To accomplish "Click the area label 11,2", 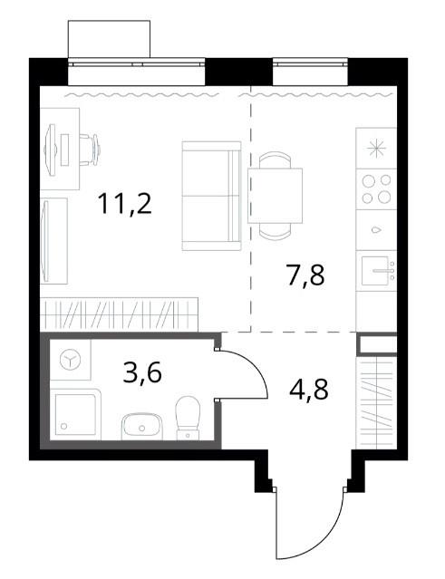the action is (x=125, y=204).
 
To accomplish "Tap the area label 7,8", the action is (x=305, y=275).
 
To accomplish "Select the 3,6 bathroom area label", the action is (x=142, y=373).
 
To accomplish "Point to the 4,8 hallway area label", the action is (x=309, y=390).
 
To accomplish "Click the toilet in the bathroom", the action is (x=188, y=418).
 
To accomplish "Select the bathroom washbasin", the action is (x=141, y=427).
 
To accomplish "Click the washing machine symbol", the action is (x=70, y=360).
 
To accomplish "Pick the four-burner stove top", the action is (x=376, y=189).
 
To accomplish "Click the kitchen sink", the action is (x=376, y=271).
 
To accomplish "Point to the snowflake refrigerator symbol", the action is (x=377, y=150).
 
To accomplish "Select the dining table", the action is (x=276, y=196).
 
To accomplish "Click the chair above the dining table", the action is (x=276, y=160).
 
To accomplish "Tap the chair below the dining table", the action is (x=276, y=230).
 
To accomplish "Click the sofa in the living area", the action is (x=211, y=196).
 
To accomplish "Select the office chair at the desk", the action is (x=90, y=150).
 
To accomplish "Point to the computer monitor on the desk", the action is (x=51, y=150).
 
